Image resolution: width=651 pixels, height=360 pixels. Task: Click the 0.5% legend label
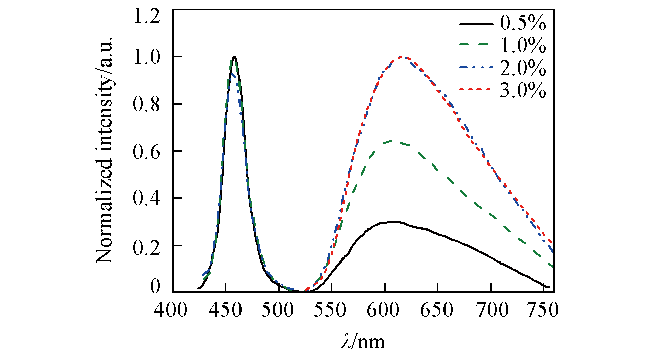(523, 23)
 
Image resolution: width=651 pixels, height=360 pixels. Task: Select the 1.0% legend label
(523, 46)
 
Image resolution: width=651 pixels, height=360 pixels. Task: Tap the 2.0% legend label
(523, 69)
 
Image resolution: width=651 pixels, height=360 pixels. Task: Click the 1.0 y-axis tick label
(147, 57)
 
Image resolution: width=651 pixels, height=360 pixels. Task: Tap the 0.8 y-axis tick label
(147, 104)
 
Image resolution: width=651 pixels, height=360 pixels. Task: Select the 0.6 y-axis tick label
(147, 151)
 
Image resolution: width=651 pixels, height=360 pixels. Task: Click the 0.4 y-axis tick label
(147, 198)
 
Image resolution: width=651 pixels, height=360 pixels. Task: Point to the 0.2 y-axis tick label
(147, 245)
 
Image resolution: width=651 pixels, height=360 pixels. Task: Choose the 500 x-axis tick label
(279, 310)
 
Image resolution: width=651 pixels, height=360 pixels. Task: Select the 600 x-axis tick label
(385, 310)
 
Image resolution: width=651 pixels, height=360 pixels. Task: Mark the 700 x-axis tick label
(491, 310)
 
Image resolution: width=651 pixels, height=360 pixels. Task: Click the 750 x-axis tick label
(543, 310)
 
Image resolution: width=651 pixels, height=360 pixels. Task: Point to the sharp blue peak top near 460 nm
(234, 57)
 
